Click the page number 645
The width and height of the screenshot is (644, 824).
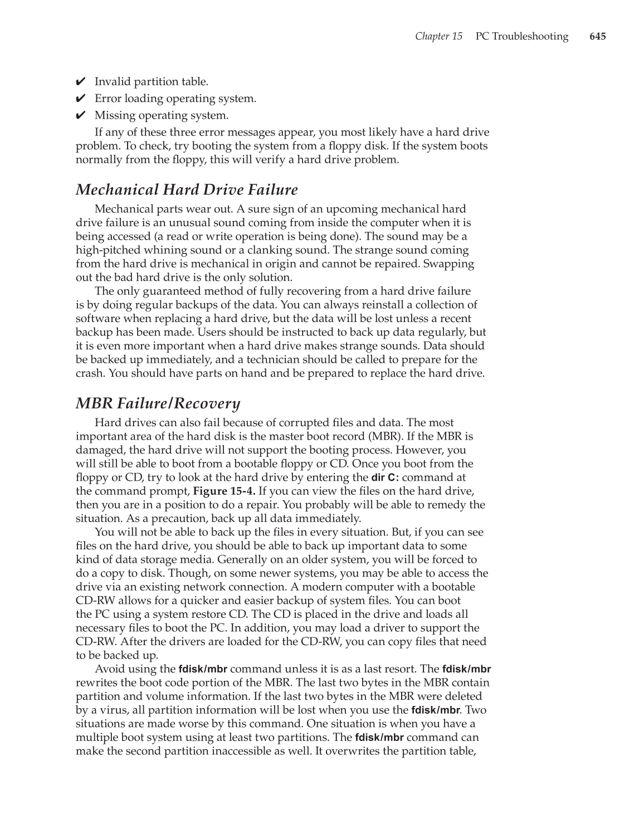coord(597,37)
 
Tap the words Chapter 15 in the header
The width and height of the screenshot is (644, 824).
coord(438,37)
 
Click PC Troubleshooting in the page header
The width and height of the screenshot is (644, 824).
coord(522,37)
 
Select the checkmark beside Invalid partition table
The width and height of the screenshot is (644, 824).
coord(80,82)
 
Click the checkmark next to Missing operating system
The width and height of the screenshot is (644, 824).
coord(80,116)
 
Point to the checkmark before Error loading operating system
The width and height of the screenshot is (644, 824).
coord(80,99)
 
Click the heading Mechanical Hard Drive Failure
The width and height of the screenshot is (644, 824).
coord(187,190)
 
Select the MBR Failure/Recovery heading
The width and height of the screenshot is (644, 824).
coord(158,403)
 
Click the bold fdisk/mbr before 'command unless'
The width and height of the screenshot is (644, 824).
coord(203,669)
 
